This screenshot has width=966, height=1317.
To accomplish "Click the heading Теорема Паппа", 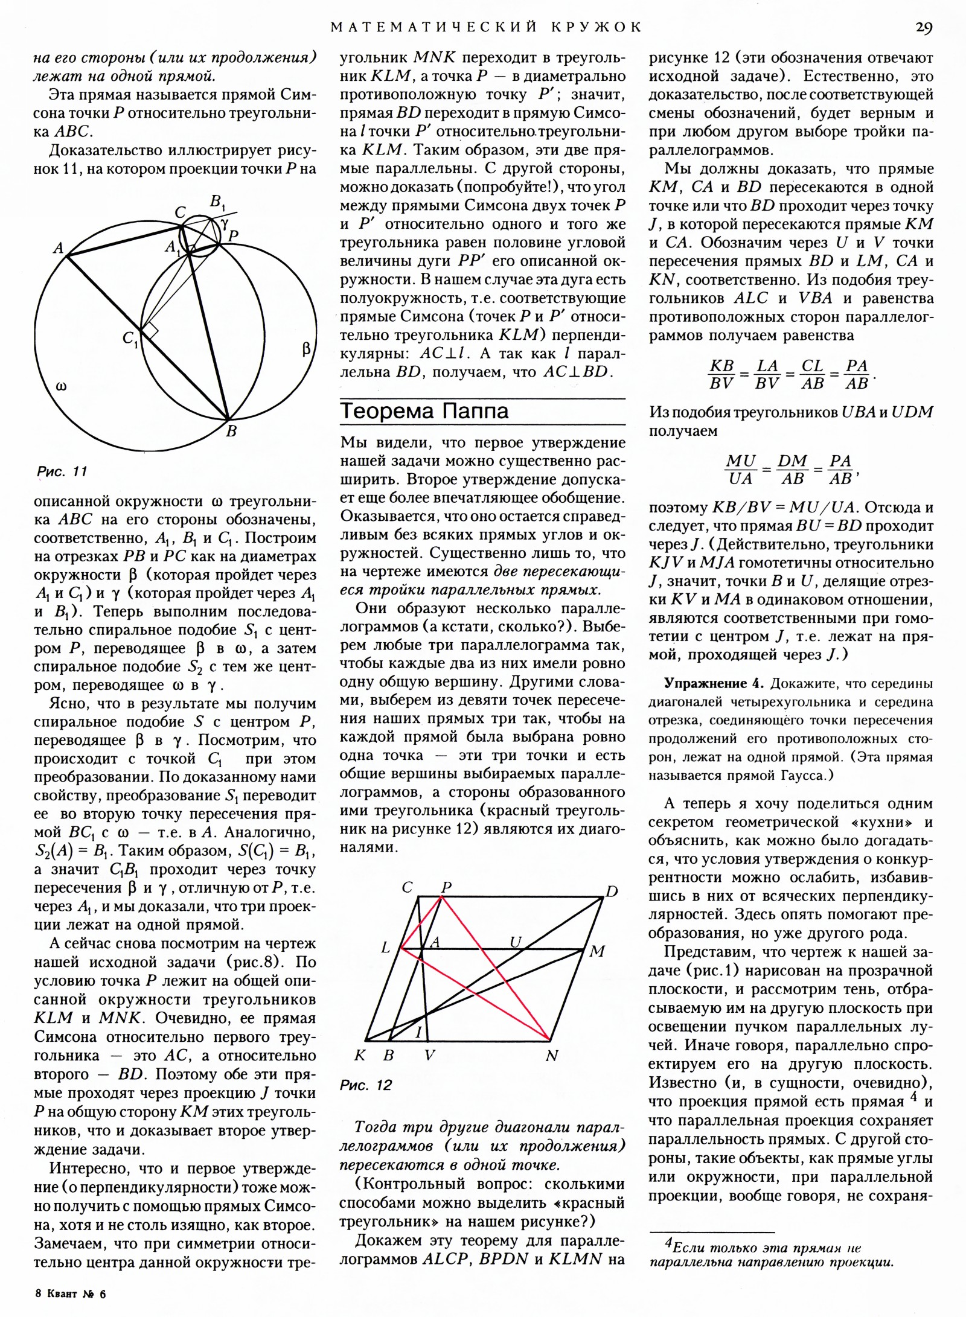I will point(424,411).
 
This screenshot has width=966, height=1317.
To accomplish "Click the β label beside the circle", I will point(306,348).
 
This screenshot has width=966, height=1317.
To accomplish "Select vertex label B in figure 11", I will point(231,431).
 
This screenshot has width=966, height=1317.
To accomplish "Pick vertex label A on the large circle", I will point(59,247).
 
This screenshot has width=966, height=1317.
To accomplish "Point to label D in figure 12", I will point(612,891).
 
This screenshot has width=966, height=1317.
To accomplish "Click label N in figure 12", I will point(552,1056).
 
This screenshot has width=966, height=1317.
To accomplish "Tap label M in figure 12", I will point(597,952).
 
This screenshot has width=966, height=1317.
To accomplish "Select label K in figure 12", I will point(360,1056).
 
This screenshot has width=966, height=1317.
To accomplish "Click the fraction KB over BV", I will point(721,374).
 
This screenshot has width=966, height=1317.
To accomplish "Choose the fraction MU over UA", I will point(741,470).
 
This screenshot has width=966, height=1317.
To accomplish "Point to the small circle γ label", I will point(225,223).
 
